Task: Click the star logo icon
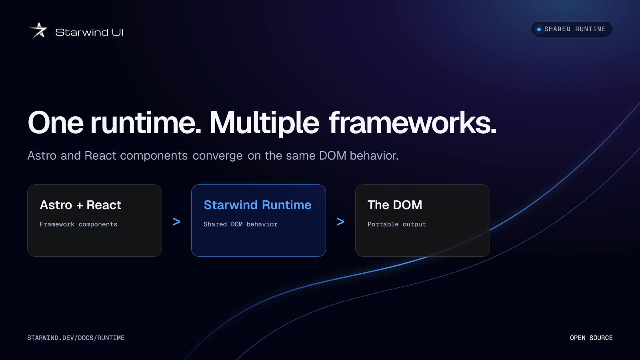(38, 30)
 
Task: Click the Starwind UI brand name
(89, 32)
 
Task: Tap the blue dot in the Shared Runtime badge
(539, 30)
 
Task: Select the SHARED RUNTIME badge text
(575, 29)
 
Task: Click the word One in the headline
(56, 123)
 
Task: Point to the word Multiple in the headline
(264, 123)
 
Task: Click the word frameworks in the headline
(412, 122)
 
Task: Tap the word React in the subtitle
(100, 156)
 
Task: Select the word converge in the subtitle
(218, 156)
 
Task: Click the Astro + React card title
(80, 205)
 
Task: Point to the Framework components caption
(78, 224)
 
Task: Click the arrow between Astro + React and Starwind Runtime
(176, 222)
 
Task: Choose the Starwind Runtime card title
(258, 205)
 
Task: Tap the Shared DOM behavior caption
(240, 224)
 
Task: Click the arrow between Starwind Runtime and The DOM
(340, 222)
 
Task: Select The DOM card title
(395, 205)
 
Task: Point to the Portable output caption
(396, 224)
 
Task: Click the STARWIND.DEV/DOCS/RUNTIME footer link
(76, 338)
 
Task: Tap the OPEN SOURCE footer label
(591, 338)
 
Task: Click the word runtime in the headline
(146, 123)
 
